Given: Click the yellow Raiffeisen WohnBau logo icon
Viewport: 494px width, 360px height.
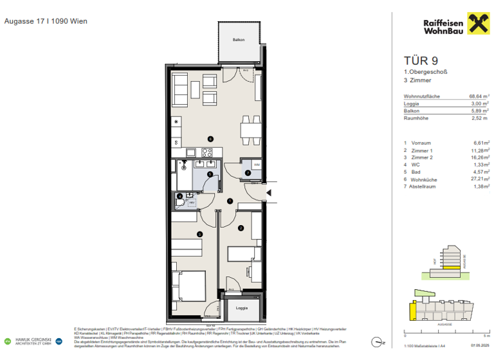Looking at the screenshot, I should click(x=474, y=25).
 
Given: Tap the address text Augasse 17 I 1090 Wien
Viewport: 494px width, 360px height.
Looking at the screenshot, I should click(x=46, y=21).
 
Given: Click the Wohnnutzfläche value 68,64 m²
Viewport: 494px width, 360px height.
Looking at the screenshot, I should click(x=478, y=96).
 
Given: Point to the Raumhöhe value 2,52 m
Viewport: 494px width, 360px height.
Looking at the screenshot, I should click(x=479, y=118).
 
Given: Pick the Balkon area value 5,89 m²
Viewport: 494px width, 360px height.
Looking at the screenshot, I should click(x=479, y=111).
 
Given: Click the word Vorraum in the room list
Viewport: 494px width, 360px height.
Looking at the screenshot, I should click(x=421, y=143).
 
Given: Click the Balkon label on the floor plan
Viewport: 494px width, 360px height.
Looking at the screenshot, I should click(x=239, y=40).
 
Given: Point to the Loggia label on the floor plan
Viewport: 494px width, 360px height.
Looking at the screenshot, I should click(x=241, y=308).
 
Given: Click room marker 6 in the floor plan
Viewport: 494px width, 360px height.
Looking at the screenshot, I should click(x=209, y=139).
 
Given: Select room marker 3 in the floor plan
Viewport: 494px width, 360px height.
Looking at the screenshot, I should click(x=199, y=234).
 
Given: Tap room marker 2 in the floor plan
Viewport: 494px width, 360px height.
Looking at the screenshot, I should click(x=241, y=228).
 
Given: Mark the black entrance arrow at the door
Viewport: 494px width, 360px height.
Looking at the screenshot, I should click(x=270, y=192).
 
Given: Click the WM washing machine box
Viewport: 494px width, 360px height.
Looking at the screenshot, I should click(x=256, y=166).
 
